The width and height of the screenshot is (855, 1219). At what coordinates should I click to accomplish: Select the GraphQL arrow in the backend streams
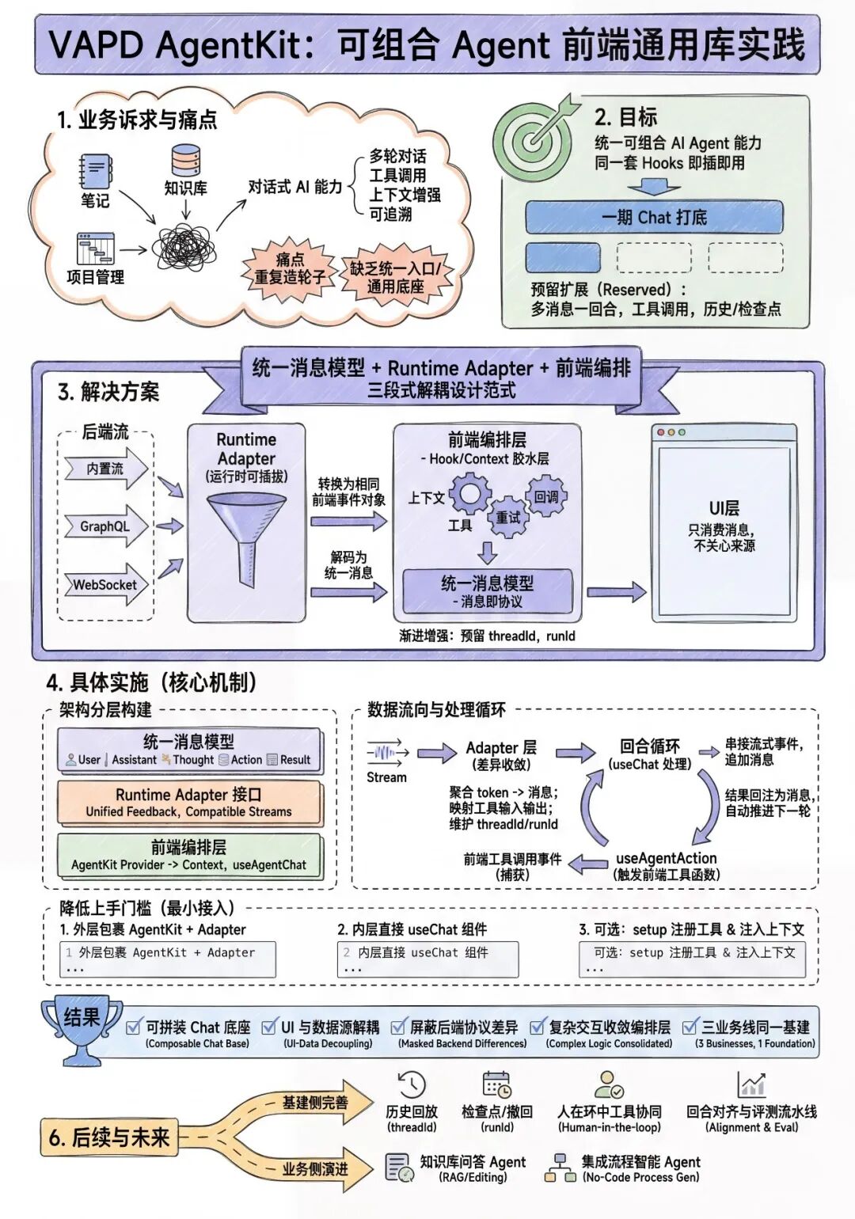coord(106,526)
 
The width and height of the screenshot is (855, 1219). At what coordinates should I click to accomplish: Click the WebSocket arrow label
coord(106,584)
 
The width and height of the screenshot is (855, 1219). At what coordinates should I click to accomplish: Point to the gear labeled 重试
coord(507,517)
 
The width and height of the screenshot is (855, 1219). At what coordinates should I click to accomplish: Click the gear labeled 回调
coord(546,496)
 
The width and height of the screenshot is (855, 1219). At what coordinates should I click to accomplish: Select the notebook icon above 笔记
coord(96,172)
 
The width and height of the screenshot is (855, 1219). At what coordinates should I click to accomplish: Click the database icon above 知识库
coord(185,161)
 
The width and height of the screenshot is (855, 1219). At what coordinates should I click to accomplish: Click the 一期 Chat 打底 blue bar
coord(654,217)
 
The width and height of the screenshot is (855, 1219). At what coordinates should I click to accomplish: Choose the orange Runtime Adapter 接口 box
coord(189,803)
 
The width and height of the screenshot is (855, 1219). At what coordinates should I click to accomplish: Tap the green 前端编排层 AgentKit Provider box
coord(189,856)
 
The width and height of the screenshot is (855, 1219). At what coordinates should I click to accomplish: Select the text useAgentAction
coord(666,858)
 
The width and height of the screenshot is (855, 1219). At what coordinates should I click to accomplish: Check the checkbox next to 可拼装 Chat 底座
coord(133,1027)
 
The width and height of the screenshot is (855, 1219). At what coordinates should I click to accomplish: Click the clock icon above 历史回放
coord(412,1084)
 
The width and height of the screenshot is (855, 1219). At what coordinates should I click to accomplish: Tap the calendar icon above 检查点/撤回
coord(497,1084)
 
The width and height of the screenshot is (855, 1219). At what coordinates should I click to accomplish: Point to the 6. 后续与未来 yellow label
coord(109,1137)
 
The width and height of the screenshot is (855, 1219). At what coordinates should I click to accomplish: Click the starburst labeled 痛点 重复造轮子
coord(290,268)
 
